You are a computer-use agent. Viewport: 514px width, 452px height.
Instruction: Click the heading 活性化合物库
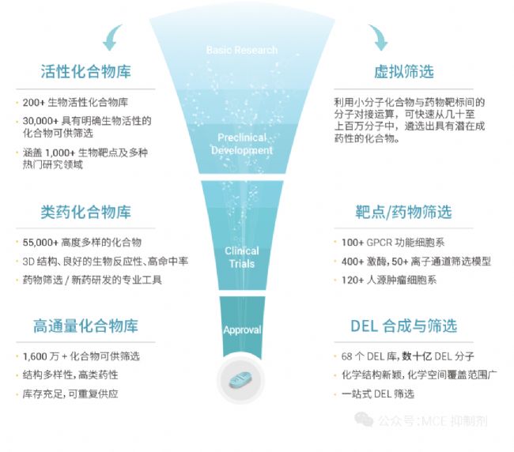pos(85,72)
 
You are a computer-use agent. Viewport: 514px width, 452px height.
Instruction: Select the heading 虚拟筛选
pos(403,72)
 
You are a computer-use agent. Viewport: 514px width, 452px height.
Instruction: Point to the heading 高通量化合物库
pos(85,326)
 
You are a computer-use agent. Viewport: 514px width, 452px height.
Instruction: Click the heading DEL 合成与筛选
pos(403,326)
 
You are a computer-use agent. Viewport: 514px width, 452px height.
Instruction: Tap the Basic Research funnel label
pos(241,50)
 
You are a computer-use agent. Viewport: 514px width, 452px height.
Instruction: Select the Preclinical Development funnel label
pos(245,144)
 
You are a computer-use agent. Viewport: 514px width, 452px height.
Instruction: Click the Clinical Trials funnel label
pos(241,257)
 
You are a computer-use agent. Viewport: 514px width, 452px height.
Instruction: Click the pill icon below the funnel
pos(242,382)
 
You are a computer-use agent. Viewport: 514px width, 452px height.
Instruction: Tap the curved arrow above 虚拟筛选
pos(378,36)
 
